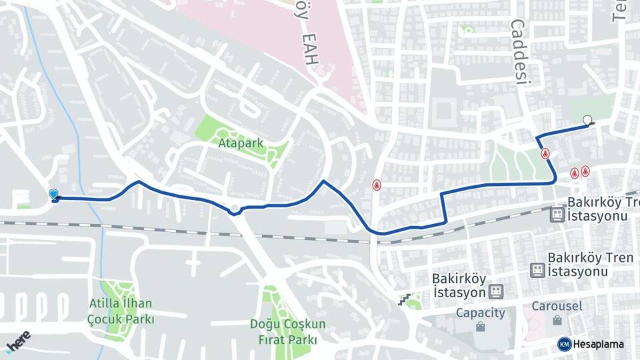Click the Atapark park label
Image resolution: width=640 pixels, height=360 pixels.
[241, 143]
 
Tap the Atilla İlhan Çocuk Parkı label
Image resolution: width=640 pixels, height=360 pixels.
[121, 311]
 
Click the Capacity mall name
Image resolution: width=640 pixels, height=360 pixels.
[480, 313]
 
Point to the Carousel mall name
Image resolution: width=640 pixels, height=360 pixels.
[557, 306]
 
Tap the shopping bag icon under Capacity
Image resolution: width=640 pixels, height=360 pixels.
[480, 327]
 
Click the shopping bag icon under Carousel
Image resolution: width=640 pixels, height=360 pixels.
[557, 320]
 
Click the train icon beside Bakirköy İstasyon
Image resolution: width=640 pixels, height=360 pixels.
[495, 291]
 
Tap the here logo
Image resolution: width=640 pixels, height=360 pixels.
[18, 341]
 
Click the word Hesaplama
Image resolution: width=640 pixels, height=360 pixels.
[599, 344]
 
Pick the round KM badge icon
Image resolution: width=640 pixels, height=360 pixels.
[564, 344]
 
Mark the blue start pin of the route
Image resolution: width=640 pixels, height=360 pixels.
[53, 194]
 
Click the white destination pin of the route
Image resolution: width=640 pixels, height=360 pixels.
[587, 121]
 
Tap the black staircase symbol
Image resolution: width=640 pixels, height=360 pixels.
[403, 299]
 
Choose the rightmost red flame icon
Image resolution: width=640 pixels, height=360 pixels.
[585, 171]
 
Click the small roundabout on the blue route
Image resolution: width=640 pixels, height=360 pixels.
[235, 211]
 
